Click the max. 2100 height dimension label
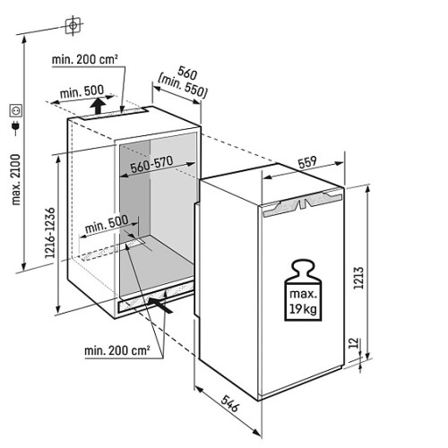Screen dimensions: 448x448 click(16, 179)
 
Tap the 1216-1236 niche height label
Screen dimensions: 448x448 click(50, 233)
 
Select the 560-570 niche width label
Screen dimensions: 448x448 click(151, 164)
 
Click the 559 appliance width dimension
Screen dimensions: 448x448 click(307, 162)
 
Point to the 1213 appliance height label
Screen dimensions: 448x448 click(358, 278)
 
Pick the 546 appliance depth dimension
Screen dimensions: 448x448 click(230, 403)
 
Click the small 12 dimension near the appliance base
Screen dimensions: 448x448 click(353, 343)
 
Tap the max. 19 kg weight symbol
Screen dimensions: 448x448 click(303, 290)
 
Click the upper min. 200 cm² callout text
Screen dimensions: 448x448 click(85, 59)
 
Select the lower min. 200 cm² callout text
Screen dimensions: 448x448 click(117, 350)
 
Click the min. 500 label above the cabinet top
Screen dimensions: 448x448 click(82, 91)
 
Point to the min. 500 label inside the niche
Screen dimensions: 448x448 click(107, 224)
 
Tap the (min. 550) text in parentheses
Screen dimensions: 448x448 click(183, 86)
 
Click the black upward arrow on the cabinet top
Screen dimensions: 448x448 click(99, 106)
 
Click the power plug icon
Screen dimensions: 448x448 click(15, 126)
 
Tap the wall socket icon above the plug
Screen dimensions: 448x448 click(15, 111)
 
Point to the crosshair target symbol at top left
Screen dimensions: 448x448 click(73, 26)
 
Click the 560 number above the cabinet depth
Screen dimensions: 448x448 click(187, 73)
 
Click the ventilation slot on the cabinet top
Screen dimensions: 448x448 click(114, 114)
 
